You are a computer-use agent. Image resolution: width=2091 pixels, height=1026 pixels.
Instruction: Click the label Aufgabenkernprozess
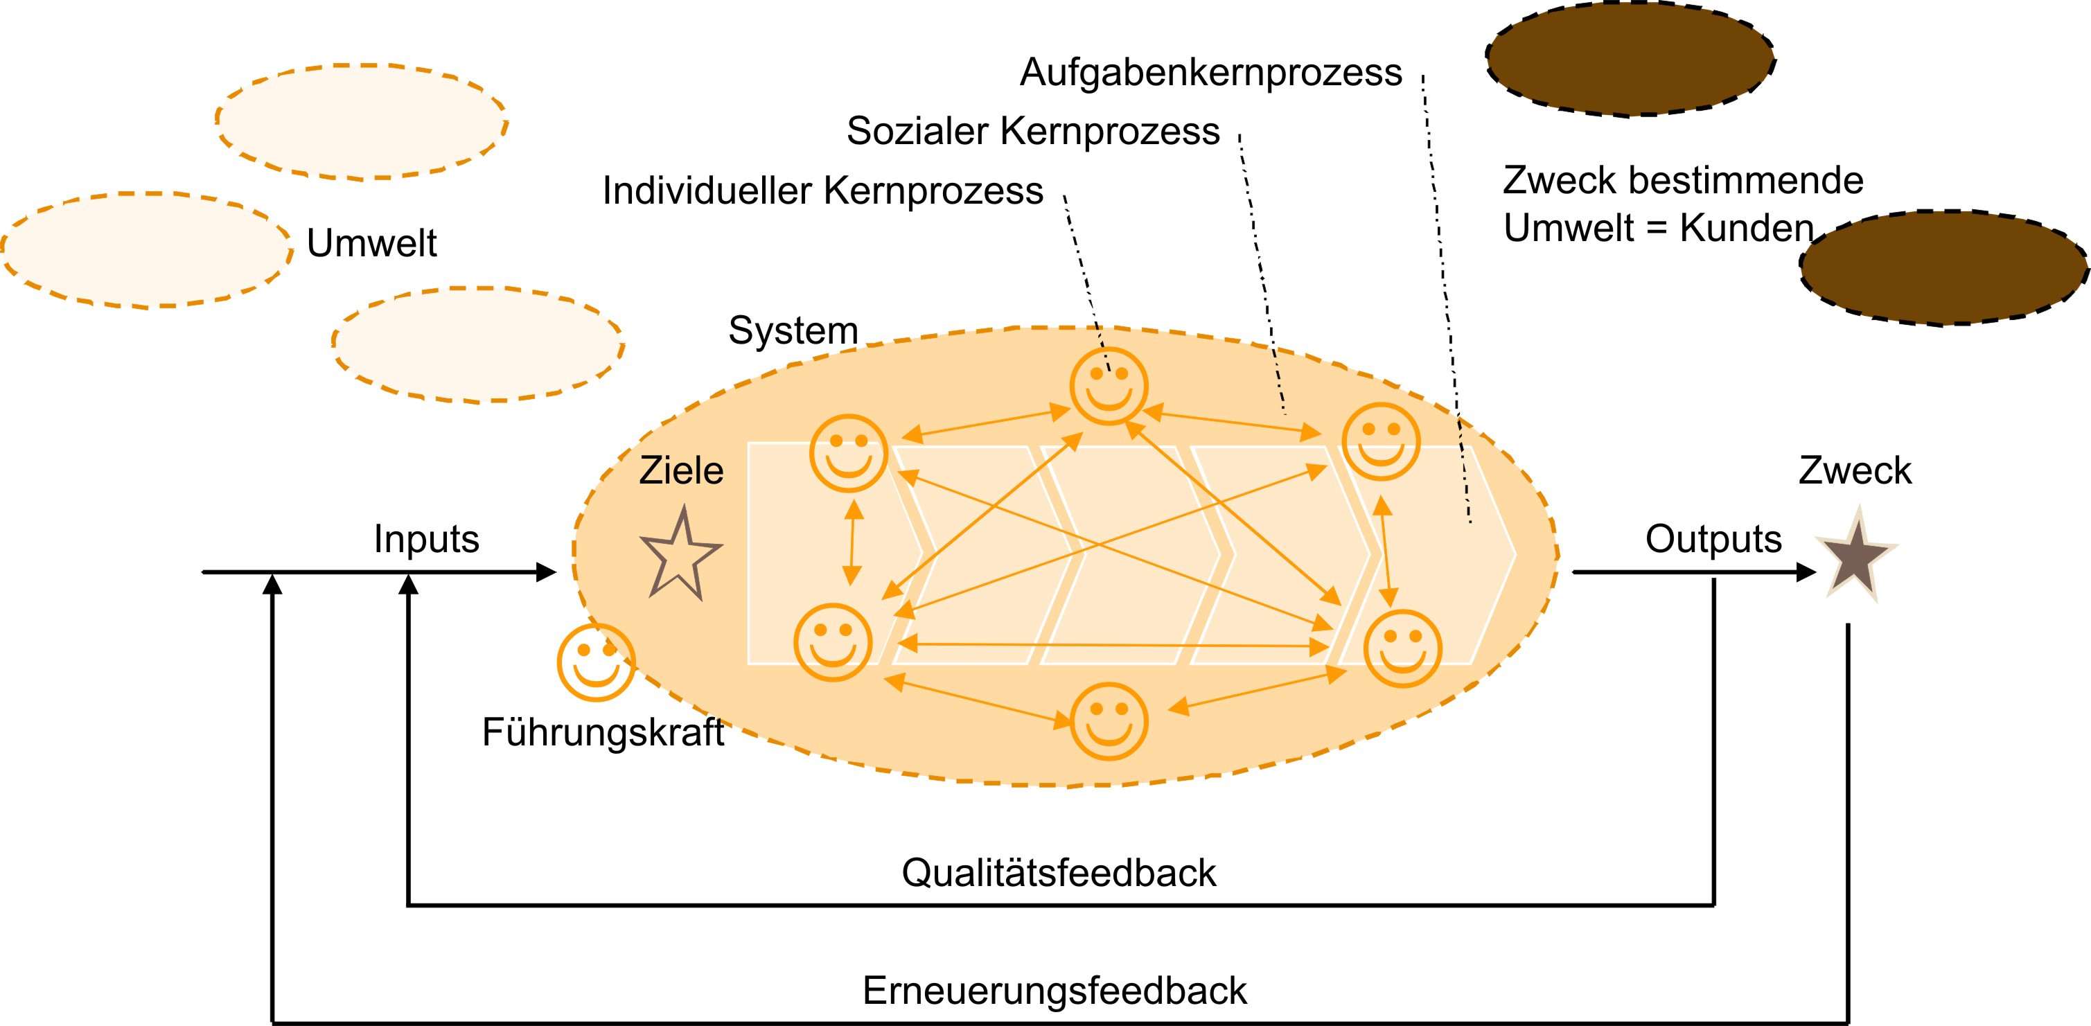[x=1210, y=73]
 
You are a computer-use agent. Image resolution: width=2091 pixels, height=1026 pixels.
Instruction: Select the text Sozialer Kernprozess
[x=1032, y=132]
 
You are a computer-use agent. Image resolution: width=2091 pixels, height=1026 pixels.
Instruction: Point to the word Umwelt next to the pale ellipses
[x=372, y=242]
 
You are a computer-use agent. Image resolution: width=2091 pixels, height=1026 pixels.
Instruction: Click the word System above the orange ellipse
[x=793, y=330]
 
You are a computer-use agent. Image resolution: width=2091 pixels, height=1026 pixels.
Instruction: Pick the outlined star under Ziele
[x=680, y=557]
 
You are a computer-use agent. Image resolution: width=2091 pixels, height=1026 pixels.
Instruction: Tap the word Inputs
[x=426, y=539]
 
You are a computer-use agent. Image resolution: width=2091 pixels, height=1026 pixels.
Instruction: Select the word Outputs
[x=1713, y=539]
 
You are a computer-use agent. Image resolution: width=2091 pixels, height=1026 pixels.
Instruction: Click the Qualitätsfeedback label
[x=1059, y=874]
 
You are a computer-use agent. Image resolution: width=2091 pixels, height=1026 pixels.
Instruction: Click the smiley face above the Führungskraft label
[x=596, y=662]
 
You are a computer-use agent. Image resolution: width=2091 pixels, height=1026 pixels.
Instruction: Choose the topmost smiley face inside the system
[x=1108, y=387]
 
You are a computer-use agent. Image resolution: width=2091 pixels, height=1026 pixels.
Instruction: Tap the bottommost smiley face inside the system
[x=1109, y=720]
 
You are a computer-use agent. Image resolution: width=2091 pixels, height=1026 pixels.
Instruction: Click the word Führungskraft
[x=602, y=732]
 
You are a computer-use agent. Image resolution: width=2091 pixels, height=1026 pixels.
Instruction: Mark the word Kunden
[x=1746, y=228]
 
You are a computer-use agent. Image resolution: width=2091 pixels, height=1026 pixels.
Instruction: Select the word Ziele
[x=681, y=471]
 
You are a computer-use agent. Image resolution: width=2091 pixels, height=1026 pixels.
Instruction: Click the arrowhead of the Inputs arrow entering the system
[x=546, y=572]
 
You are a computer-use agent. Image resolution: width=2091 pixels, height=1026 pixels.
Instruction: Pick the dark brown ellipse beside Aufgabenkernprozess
[x=1630, y=58]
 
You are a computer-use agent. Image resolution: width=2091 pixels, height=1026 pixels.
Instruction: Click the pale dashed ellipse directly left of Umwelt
[x=147, y=250]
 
